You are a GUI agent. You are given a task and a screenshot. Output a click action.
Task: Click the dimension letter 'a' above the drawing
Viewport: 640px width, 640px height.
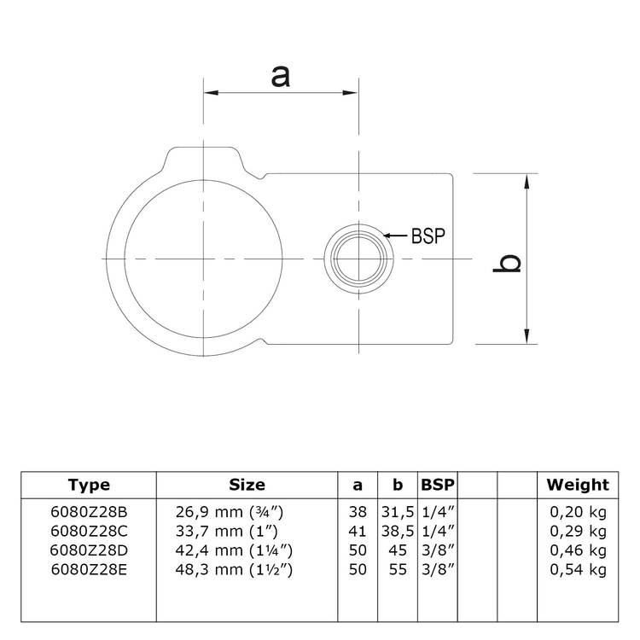click(x=281, y=76)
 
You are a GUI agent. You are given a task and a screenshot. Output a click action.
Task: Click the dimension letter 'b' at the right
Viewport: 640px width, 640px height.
click(x=509, y=264)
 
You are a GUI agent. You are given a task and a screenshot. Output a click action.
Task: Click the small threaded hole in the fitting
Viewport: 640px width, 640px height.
click(x=358, y=258)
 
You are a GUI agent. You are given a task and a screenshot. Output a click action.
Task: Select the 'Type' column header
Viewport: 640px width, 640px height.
click(x=89, y=486)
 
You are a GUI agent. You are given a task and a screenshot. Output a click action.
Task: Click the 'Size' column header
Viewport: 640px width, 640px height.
click(x=247, y=486)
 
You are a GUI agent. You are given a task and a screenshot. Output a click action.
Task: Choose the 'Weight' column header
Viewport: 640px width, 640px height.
click(x=578, y=486)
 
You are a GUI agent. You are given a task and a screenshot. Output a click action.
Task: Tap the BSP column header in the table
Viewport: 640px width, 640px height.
click(x=437, y=486)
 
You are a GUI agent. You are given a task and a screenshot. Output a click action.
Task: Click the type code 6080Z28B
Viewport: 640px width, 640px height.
click(x=89, y=511)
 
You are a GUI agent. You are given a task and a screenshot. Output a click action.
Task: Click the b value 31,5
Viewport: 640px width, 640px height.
click(x=397, y=511)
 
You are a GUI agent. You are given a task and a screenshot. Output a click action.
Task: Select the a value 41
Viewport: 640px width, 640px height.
click(x=358, y=531)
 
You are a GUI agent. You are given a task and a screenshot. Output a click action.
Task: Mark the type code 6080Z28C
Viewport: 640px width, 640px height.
click(x=89, y=531)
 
